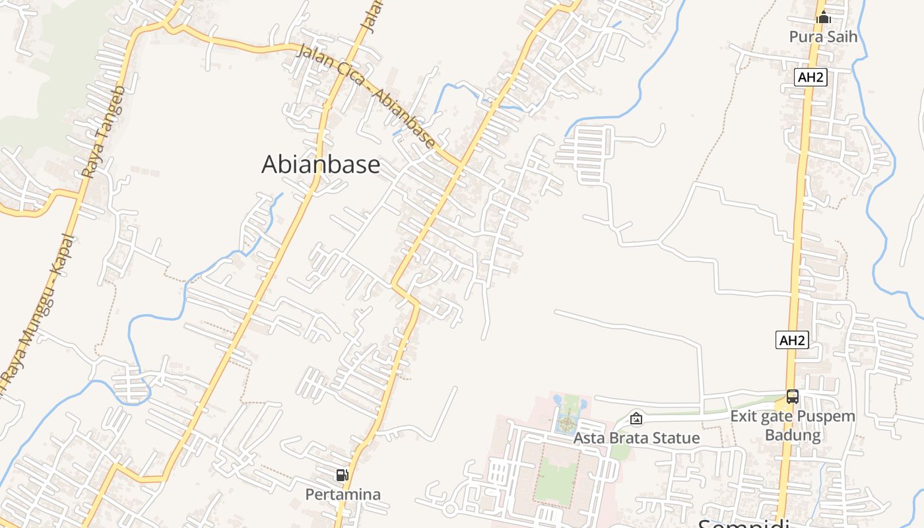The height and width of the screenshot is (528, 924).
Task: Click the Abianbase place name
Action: point(321,164)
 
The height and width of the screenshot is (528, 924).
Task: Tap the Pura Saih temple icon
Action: point(823,18)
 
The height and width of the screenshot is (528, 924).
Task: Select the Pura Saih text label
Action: point(823,36)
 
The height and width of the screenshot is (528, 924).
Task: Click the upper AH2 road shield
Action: point(810,77)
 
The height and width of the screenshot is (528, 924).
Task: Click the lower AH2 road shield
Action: point(792,341)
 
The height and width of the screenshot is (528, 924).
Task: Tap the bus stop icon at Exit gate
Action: point(792,397)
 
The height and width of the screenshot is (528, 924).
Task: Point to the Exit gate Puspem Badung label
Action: point(792,426)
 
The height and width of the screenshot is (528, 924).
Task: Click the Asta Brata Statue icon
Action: point(636,418)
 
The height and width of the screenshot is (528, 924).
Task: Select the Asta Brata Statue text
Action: point(636,438)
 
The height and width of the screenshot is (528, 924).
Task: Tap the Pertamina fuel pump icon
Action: point(342,475)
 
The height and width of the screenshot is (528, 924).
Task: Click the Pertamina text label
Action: point(343,494)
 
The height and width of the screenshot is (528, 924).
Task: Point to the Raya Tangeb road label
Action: point(102,132)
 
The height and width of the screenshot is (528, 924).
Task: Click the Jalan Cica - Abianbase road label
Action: point(366,96)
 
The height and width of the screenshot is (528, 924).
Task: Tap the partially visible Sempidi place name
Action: point(743,523)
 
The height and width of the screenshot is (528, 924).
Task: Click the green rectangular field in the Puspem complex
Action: point(556,478)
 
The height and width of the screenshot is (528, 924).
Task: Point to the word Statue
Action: point(676,438)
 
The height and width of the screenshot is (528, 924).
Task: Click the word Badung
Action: point(792,435)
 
